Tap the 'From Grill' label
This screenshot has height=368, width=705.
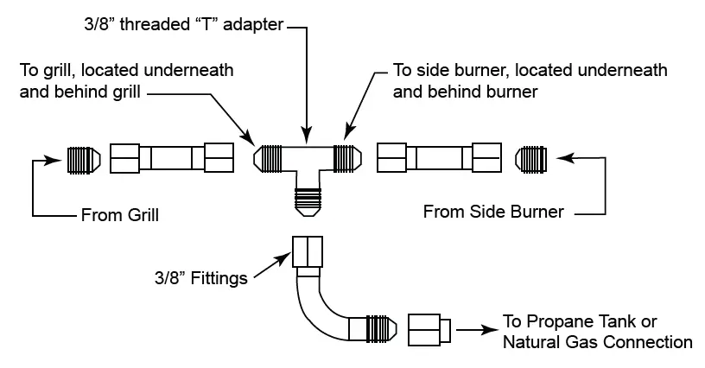(119, 214)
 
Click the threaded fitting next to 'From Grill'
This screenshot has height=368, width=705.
(83, 159)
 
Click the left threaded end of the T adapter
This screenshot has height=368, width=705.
(270, 158)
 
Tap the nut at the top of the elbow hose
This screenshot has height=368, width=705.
(307, 251)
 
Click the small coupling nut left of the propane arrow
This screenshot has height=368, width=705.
(429, 329)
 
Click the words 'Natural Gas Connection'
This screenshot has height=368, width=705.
(598, 343)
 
